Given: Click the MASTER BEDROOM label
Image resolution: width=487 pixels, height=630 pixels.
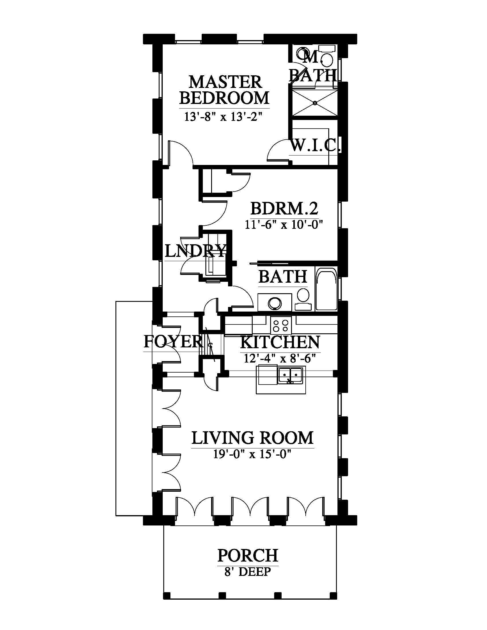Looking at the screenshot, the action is [224, 90].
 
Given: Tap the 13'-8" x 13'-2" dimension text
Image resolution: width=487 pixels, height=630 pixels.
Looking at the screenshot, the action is [224, 117].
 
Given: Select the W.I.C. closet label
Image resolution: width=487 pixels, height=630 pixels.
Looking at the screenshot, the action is [315, 145].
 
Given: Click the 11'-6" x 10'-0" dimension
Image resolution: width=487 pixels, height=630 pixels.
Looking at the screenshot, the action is [284, 224].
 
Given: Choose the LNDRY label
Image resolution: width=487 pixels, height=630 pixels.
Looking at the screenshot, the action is [195, 251].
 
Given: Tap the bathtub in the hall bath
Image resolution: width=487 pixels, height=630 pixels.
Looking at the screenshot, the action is [327, 289].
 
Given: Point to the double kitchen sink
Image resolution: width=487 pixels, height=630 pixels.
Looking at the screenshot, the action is [290, 375].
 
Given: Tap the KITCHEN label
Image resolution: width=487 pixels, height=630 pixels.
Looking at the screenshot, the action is [280, 342].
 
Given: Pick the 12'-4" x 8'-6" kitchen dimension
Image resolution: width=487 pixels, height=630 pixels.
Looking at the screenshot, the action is [280, 358].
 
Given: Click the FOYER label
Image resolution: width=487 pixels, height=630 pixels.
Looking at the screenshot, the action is [173, 342].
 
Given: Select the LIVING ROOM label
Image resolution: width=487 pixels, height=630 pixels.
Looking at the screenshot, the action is [252, 438].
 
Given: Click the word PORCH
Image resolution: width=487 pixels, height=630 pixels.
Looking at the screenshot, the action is [248, 555].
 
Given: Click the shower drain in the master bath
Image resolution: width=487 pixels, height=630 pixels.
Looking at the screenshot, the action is [315, 103].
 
